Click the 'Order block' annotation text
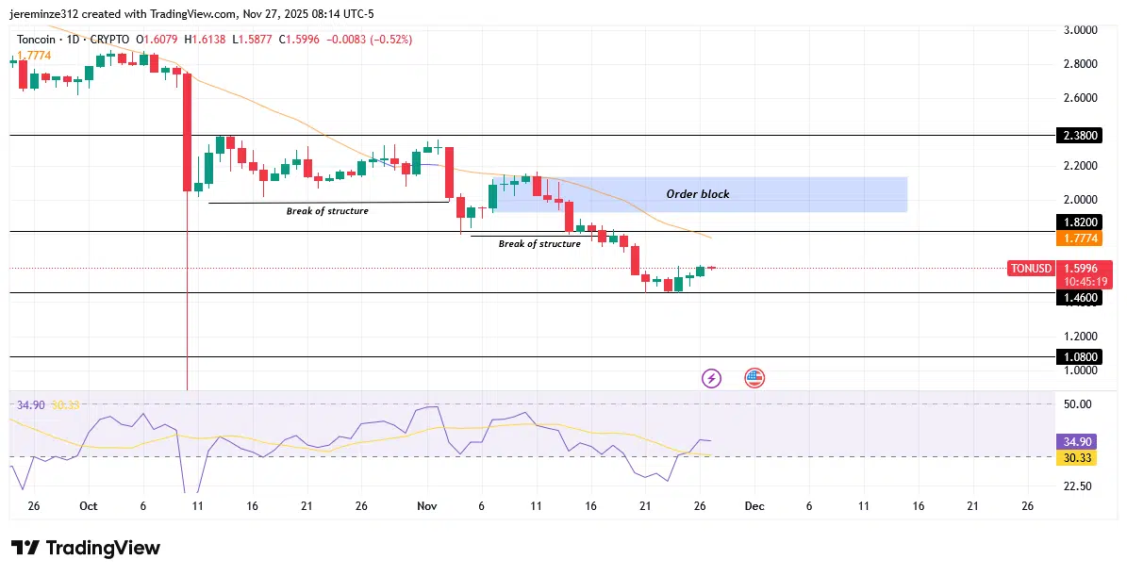pyautogui.click(x=698, y=194)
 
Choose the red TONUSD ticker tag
pyautogui.click(x=1030, y=269)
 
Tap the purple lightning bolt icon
pyautogui.click(x=711, y=378)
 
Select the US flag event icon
pyautogui.click(x=754, y=378)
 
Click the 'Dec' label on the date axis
pyautogui.click(x=754, y=506)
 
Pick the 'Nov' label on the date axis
pyautogui.click(x=426, y=506)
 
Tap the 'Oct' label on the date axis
pyautogui.click(x=88, y=506)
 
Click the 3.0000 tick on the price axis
pyautogui.click(x=1080, y=30)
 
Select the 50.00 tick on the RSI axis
pyautogui.click(x=1078, y=404)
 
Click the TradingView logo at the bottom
pyautogui.click(x=86, y=548)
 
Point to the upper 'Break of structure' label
pyautogui.click(x=327, y=211)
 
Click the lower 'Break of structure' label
pyautogui.click(x=539, y=244)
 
